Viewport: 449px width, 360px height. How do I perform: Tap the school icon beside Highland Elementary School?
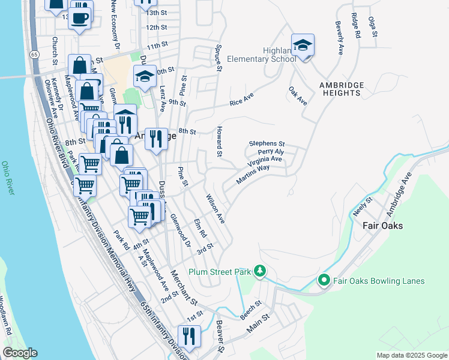click(303, 45)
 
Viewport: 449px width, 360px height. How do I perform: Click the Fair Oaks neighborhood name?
click(382, 226)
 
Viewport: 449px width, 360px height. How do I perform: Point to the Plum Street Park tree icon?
click(259, 271)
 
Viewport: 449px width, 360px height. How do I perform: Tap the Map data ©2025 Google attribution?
click(411, 355)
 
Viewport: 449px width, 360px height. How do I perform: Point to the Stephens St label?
click(267, 144)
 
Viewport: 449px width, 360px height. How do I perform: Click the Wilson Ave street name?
click(215, 209)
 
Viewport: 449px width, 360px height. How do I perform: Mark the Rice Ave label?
click(242, 100)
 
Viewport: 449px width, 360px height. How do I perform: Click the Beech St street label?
click(250, 310)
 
